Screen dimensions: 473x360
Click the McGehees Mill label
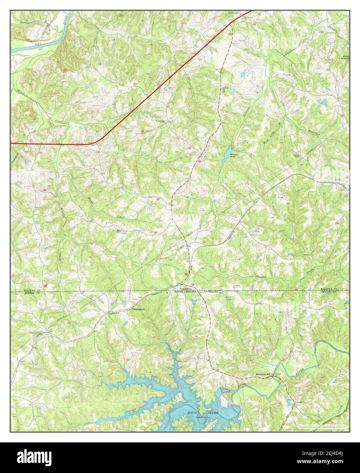pos(263,374)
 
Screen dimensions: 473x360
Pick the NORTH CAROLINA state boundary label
pos(186,292)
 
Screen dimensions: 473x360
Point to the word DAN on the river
pos(38,44)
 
